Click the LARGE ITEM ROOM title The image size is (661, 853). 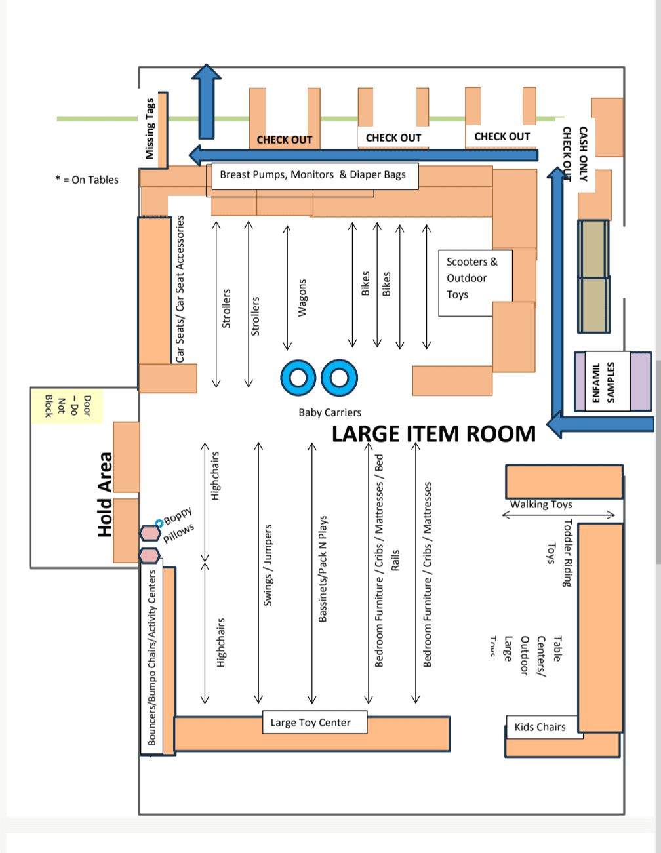(433, 434)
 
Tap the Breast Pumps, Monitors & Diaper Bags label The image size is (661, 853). (313, 175)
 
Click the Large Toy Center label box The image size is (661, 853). (311, 723)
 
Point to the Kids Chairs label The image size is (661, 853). (540, 727)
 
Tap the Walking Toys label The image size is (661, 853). (541, 504)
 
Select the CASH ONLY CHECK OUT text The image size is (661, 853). (574, 154)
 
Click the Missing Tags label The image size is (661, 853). (150, 129)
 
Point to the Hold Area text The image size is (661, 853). (106, 495)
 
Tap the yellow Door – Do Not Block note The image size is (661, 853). (68, 405)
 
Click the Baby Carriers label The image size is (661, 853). (330, 412)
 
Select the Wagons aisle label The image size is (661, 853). (302, 298)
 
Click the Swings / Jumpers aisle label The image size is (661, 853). (268, 565)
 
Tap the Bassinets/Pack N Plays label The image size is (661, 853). (323, 568)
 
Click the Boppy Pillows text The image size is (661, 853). (178, 524)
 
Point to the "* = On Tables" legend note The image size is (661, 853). (87, 180)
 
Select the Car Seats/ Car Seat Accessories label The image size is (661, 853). (180, 288)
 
